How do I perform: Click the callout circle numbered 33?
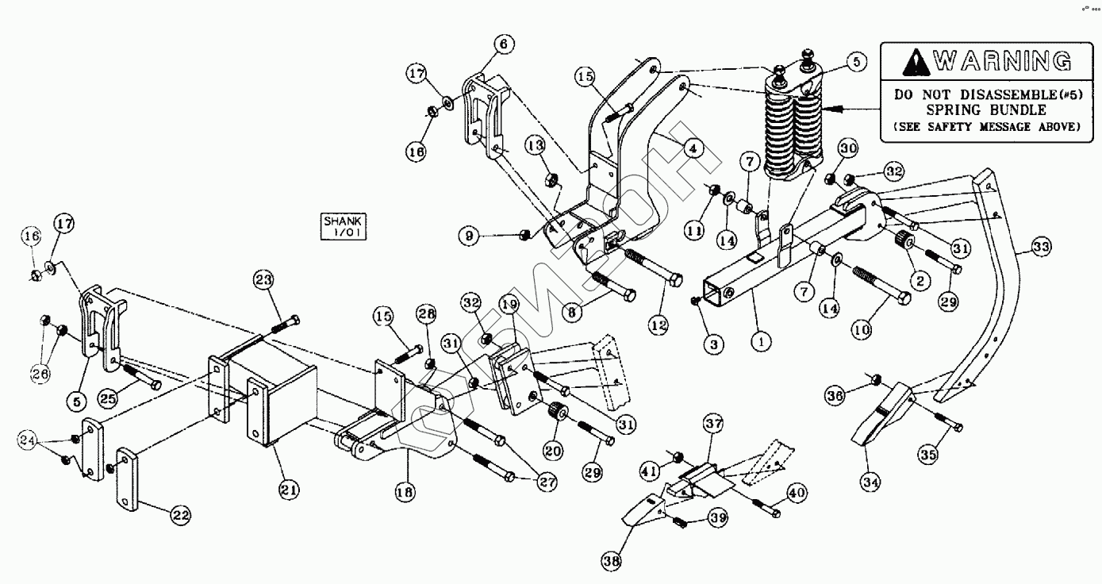[x=1041, y=248]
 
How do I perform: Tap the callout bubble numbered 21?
[x=289, y=490]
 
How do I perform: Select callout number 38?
[x=611, y=561]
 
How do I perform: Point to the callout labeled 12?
[x=658, y=325]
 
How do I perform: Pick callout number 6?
[x=504, y=44]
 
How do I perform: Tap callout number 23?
[x=263, y=279]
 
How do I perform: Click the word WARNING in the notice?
[x=1003, y=60]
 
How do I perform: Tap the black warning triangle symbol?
[x=916, y=60]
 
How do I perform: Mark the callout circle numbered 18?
[x=405, y=491]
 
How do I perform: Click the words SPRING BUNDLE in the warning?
[x=980, y=109]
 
